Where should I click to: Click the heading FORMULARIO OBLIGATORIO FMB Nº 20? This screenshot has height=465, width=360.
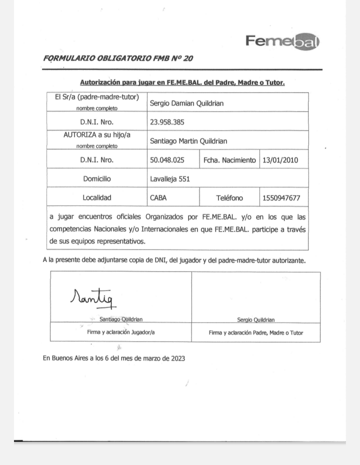point(118,58)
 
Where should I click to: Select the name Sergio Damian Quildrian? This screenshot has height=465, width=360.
point(186,103)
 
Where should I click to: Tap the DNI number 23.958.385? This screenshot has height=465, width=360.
point(170,121)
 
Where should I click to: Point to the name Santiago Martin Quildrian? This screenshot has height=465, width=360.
point(189,141)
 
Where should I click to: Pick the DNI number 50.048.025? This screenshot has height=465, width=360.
point(170,160)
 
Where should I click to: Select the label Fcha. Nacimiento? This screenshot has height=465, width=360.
point(229,160)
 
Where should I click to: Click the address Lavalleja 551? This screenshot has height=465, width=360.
point(170,178)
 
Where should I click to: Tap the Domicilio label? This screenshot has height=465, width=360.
point(97,178)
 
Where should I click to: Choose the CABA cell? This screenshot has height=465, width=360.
point(158,198)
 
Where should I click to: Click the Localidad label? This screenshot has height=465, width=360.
point(97,198)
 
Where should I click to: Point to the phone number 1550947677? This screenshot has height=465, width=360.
point(281,198)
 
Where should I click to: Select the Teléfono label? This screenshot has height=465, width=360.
point(229,198)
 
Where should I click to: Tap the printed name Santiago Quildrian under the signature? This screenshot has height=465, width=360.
point(121,319)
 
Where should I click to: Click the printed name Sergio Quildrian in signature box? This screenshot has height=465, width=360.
point(255,319)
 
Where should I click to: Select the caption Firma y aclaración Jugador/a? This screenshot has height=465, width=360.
point(120,332)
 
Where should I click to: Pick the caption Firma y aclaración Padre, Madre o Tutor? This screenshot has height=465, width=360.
point(255,332)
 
